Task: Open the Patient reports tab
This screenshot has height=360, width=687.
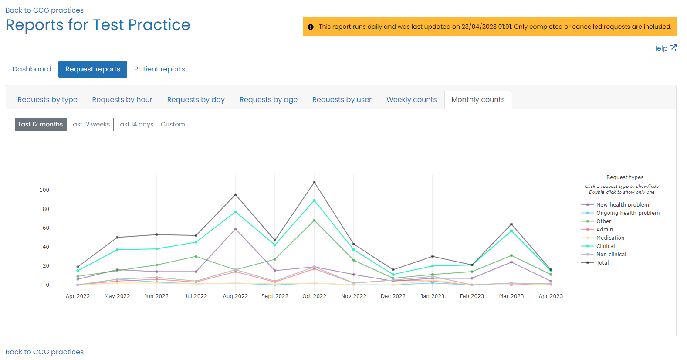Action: (x=159, y=69)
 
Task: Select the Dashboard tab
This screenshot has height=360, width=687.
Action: (x=32, y=69)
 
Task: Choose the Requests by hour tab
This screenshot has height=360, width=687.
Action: (x=122, y=100)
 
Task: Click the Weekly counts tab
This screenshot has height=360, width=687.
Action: (x=411, y=100)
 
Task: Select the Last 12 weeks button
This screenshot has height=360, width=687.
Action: (x=90, y=124)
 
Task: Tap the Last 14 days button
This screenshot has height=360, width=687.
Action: (x=135, y=124)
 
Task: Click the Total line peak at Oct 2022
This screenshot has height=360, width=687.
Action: (x=314, y=183)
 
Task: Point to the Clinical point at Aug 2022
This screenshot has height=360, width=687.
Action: (x=235, y=212)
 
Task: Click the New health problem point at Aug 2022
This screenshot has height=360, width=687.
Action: (x=235, y=229)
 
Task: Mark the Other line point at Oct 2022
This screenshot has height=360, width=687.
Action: (x=314, y=221)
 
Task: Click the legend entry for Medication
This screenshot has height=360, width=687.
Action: (x=610, y=238)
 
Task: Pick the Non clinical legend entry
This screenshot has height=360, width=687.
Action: (x=611, y=255)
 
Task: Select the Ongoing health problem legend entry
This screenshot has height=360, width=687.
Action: (x=627, y=213)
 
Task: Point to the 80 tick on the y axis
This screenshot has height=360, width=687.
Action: (x=46, y=209)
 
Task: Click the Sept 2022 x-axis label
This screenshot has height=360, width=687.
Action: (x=274, y=296)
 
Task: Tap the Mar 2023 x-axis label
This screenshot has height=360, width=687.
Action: (x=511, y=296)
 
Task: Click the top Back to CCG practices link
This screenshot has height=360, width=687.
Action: (x=44, y=10)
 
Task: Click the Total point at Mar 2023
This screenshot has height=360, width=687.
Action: (x=511, y=224)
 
